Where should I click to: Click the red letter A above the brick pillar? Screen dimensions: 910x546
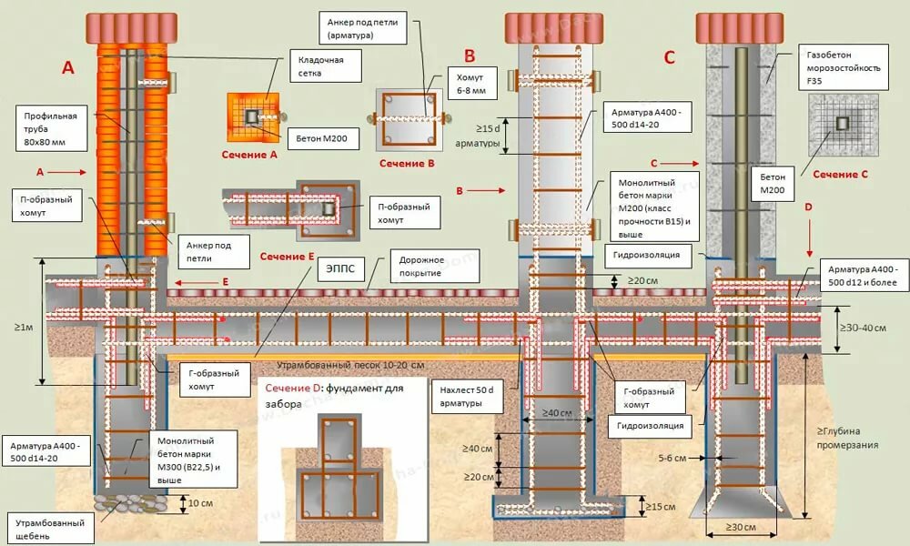coord(68,68)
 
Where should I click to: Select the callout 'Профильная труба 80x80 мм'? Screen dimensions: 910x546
coord(50,129)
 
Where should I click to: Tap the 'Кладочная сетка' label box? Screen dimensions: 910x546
coord(326,66)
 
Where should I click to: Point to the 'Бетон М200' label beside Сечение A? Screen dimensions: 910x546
coord(322,138)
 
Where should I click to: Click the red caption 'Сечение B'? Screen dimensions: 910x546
coord(407,164)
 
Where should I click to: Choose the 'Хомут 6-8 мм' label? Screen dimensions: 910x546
coord(471,84)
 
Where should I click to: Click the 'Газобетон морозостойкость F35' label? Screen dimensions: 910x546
coord(844,67)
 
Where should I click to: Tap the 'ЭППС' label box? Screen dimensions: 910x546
coord(340,268)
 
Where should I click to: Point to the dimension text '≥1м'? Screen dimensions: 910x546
coord(24,328)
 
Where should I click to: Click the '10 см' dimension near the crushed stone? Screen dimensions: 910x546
coord(201,503)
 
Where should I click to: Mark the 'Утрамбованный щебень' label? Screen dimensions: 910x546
coord(51,530)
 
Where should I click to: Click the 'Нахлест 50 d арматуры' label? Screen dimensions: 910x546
coord(467,396)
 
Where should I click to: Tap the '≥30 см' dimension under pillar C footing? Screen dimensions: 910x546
coord(741,528)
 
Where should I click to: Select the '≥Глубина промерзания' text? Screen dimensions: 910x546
coord(847,438)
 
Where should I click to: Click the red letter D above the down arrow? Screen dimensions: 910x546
coord(808,207)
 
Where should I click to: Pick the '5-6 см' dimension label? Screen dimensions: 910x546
coord(672,459)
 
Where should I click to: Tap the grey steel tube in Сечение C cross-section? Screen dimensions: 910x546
coord(842,123)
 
